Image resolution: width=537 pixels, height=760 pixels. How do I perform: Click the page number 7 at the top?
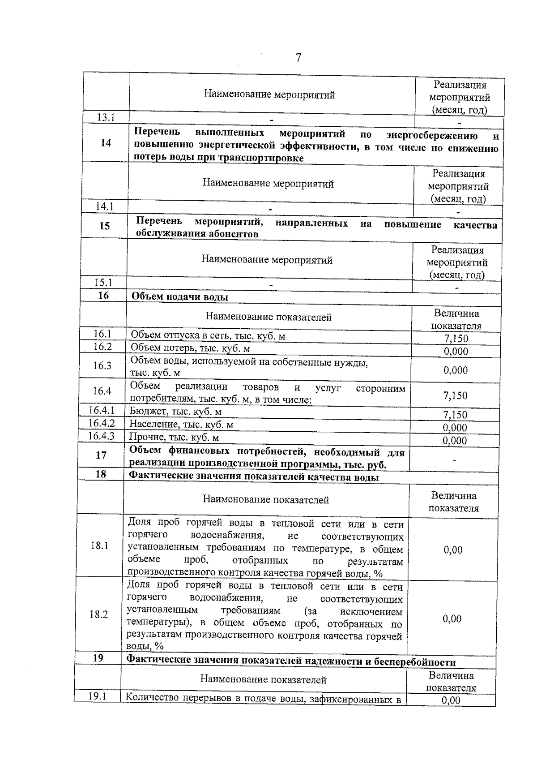[298, 58]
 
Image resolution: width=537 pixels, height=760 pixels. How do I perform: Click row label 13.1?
[106, 117]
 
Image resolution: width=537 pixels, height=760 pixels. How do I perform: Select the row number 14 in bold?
[106, 143]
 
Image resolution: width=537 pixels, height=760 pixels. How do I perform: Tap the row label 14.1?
[105, 206]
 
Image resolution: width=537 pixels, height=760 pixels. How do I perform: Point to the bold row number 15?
[104, 226]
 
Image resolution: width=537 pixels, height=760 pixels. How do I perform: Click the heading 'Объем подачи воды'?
[179, 297]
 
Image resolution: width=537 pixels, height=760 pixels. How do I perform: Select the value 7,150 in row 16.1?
[456, 339]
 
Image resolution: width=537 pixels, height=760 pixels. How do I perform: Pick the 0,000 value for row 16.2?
[456, 351]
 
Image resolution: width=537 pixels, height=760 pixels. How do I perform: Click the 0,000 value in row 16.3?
[456, 370]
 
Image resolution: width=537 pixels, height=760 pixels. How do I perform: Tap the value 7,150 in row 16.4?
[455, 395]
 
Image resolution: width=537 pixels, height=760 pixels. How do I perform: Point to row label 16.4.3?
[101, 436]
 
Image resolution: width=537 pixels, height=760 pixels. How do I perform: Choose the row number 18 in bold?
[101, 474]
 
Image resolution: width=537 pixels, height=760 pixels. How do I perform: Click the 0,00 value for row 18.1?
[453, 550]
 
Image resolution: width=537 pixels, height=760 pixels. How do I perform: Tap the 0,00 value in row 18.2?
[452, 618]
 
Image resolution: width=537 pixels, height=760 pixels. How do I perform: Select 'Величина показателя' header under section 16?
[456, 320]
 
